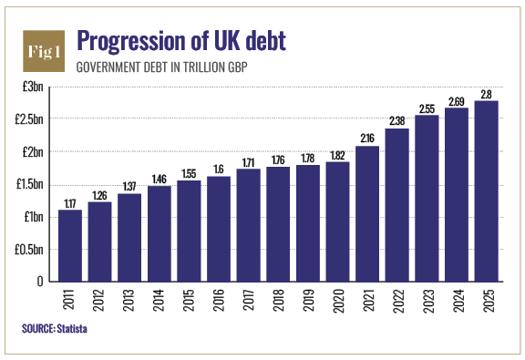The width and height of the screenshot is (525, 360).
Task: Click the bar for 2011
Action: (x=70, y=245)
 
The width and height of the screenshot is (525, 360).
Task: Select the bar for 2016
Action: (x=219, y=229)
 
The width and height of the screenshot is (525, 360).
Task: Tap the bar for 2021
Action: (x=367, y=213)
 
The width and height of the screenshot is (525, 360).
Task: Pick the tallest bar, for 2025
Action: (x=486, y=191)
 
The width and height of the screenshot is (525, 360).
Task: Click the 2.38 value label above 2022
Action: (x=397, y=120)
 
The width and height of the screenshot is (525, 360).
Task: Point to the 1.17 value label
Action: (x=70, y=203)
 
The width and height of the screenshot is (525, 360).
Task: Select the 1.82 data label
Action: (x=337, y=156)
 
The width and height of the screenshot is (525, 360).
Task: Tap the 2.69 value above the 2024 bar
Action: (x=457, y=101)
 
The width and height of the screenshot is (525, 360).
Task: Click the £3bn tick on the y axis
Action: (x=33, y=87)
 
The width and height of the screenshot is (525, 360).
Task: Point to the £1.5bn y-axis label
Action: (x=29, y=184)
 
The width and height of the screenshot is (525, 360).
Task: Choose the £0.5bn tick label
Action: (x=29, y=250)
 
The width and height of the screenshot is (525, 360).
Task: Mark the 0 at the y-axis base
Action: (x=40, y=282)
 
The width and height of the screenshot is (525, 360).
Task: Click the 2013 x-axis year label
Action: (x=129, y=301)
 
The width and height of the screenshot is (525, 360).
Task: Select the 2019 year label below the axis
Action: (x=308, y=301)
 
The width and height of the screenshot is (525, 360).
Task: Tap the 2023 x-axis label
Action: (x=427, y=301)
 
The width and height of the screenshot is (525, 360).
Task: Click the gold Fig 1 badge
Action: (x=44, y=51)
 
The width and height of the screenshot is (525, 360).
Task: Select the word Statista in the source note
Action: (x=72, y=328)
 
